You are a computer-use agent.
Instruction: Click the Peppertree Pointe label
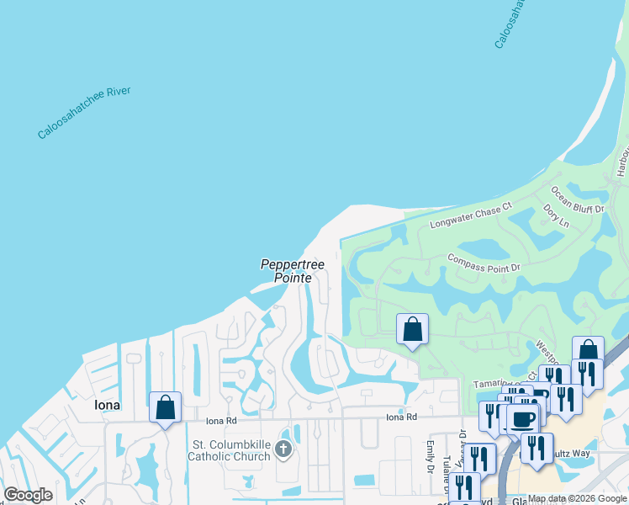(x=286, y=270)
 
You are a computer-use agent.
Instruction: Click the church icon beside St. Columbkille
(x=283, y=449)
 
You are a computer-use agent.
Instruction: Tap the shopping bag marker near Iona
(x=166, y=408)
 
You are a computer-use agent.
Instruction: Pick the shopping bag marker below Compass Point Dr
(x=412, y=329)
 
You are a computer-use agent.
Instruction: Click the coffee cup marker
(x=523, y=418)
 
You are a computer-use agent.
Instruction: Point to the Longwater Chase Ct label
(x=471, y=215)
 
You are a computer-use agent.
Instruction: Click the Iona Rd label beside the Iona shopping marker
(x=222, y=419)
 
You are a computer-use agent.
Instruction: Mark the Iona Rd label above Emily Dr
(x=401, y=417)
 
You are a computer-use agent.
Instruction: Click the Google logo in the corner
(x=28, y=495)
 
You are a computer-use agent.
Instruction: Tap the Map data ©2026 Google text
(x=577, y=498)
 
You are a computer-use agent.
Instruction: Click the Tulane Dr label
(x=446, y=476)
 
